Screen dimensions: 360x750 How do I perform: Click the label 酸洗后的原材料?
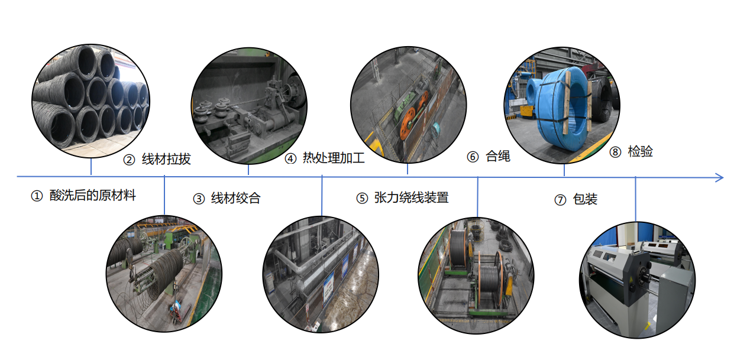point(92,196)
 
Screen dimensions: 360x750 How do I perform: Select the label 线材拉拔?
point(166,160)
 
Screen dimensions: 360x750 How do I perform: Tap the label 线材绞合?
point(235,199)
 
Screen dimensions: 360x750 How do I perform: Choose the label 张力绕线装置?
point(411,198)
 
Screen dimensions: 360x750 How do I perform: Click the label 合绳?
point(497,157)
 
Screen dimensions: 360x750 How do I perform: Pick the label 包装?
point(585,200)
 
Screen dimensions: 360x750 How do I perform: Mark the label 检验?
point(640,152)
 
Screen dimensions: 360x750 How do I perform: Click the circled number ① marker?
point(37,196)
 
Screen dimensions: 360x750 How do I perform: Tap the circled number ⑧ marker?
point(615,153)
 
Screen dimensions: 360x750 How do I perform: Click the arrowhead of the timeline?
point(719,177)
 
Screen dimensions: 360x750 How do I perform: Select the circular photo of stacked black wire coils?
point(90,101)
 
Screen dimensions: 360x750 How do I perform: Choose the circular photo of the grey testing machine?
point(636,280)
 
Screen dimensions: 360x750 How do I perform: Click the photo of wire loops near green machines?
point(164,273)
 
